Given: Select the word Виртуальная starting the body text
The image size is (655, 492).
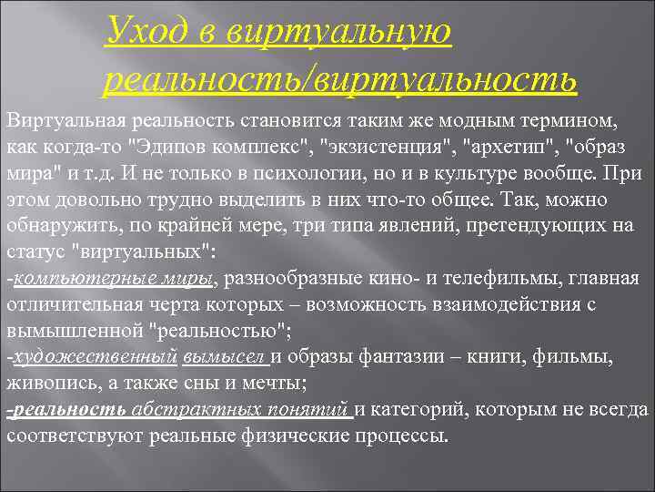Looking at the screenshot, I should pos(58,120).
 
